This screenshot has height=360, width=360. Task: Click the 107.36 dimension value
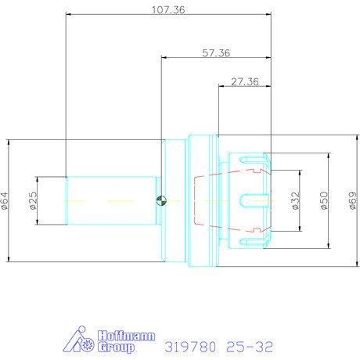[168, 10]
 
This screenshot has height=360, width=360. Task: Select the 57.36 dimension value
[216, 53]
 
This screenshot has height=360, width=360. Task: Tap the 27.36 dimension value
[245, 82]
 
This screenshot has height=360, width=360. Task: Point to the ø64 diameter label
[5, 200]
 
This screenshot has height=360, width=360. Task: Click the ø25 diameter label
[34, 200]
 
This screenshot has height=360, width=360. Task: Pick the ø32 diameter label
[295, 200]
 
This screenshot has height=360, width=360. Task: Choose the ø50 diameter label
[324, 200]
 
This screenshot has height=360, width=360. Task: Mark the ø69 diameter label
[353, 200]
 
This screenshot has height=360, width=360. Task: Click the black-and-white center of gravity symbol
[161, 200]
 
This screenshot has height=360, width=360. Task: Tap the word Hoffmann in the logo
[126, 336]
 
